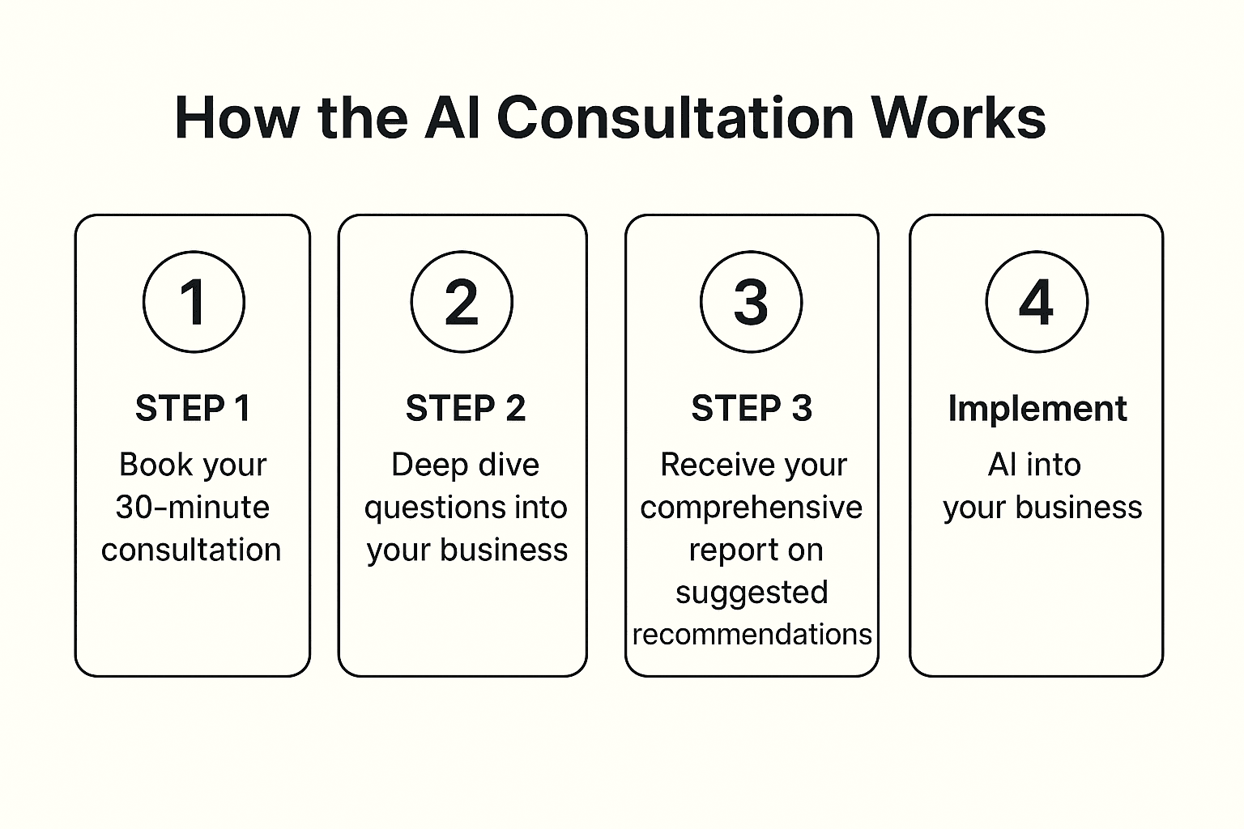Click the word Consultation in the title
click(x=675, y=117)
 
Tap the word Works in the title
click(x=958, y=117)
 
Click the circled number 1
click(x=194, y=301)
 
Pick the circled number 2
click(x=462, y=301)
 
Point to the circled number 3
click(x=751, y=301)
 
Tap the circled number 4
click(x=1037, y=301)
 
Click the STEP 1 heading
click(x=194, y=408)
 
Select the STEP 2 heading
click(x=466, y=408)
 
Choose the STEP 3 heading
click(x=752, y=408)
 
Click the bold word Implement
click(x=1037, y=410)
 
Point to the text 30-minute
click(x=193, y=507)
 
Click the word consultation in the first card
click(x=191, y=550)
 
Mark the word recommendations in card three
click(x=752, y=635)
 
